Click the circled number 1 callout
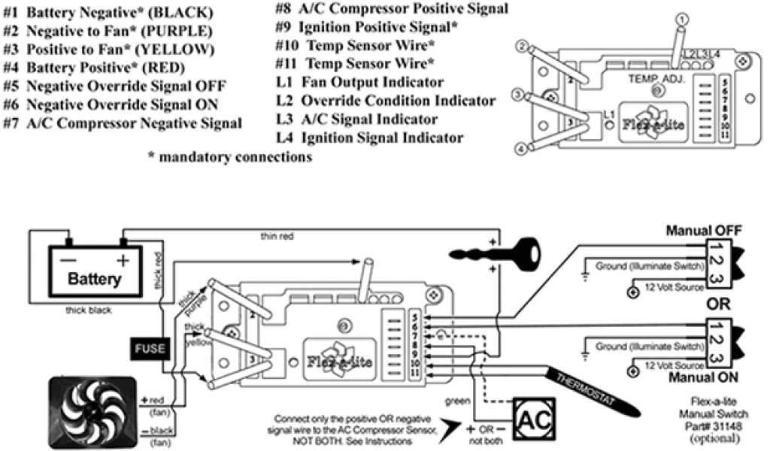[x=681, y=18]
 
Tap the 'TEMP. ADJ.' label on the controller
[x=656, y=77]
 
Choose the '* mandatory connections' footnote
[x=229, y=158]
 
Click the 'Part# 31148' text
[x=708, y=425]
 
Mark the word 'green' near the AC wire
[x=457, y=401]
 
